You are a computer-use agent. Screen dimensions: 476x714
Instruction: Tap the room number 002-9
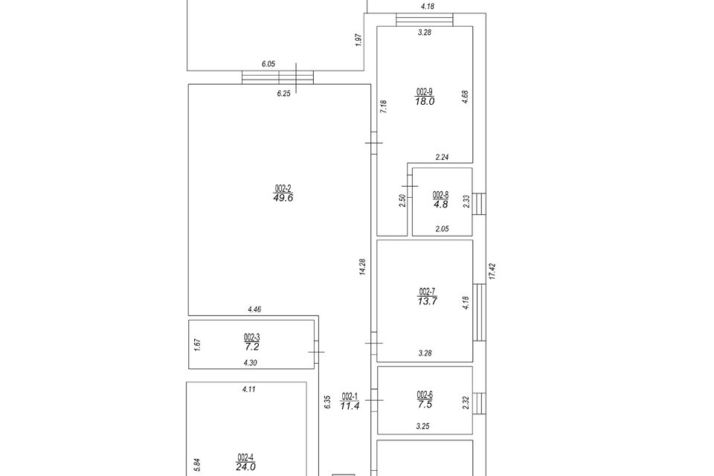pos(425,92)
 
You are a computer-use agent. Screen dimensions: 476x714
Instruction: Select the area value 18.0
pos(425,102)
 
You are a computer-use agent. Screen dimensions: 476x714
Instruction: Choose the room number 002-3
pos(251,337)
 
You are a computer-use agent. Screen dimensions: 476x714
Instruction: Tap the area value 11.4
pos(350,406)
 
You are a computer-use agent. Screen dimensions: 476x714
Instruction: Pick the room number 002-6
pos(425,395)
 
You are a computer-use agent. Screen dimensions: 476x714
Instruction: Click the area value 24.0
pos(246,467)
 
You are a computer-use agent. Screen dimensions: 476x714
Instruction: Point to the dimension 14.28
pos(362,267)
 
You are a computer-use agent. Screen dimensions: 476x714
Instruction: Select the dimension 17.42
pos(492,271)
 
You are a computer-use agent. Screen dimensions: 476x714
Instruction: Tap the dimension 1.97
pos(358,40)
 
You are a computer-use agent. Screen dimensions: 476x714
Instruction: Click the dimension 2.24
pos(443,157)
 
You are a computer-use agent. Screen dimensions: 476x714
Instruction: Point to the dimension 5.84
pos(196,465)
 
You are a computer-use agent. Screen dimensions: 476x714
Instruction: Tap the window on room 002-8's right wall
pos(480,202)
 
